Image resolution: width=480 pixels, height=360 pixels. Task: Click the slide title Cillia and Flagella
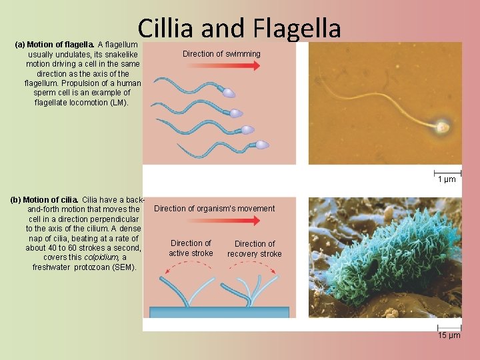[x=239, y=28]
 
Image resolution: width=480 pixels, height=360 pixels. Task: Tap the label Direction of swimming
[x=221, y=53]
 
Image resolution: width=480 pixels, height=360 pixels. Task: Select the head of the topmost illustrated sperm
[x=229, y=93]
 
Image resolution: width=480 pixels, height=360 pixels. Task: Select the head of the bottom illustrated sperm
[x=263, y=145]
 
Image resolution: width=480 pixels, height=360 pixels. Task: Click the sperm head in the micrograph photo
[x=441, y=125]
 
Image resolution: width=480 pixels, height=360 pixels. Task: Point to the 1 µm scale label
[x=447, y=179]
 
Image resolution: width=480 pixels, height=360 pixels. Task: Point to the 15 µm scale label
[x=449, y=335]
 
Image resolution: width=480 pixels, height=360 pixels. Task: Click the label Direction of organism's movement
[x=214, y=209]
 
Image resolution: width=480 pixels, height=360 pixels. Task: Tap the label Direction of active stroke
[x=191, y=248]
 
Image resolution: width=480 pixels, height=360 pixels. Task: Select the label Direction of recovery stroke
[x=254, y=249]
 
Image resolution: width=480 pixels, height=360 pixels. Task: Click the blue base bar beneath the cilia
[x=219, y=312]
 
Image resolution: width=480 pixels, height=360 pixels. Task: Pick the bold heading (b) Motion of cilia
[x=45, y=199]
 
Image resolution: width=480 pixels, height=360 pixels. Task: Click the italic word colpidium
[x=103, y=257]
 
